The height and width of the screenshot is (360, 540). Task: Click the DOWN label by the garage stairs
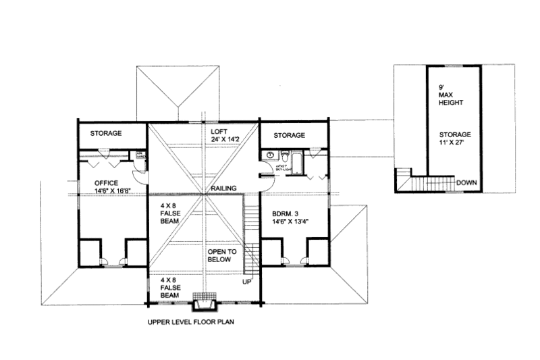(x=466, y=182)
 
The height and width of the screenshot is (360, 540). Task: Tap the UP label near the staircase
(x=248, y=279)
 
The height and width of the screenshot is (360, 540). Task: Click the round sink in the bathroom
(x=270, y=155)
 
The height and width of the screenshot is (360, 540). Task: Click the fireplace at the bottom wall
(x=203, y=298)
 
